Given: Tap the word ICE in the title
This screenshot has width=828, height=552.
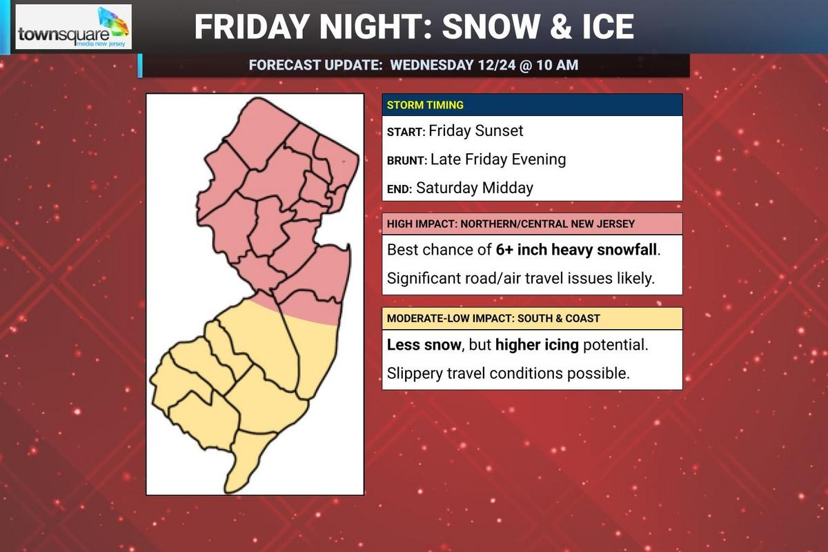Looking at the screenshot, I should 601,26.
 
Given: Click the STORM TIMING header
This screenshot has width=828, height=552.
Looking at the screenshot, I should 425,106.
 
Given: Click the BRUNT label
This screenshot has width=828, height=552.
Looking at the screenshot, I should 406,160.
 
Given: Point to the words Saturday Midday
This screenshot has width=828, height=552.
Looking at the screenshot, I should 475,188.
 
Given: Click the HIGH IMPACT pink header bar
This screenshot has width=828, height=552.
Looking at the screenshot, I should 532,224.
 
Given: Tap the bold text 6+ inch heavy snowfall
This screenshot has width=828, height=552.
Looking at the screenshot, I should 577,250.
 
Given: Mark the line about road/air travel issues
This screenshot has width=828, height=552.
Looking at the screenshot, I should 520,279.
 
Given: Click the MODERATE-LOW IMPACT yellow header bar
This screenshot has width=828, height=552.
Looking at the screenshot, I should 532,319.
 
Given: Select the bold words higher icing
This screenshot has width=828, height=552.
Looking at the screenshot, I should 537,344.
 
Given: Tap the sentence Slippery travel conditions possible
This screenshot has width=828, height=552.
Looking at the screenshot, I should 509,373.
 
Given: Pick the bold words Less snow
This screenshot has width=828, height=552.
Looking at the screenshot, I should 423,344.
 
